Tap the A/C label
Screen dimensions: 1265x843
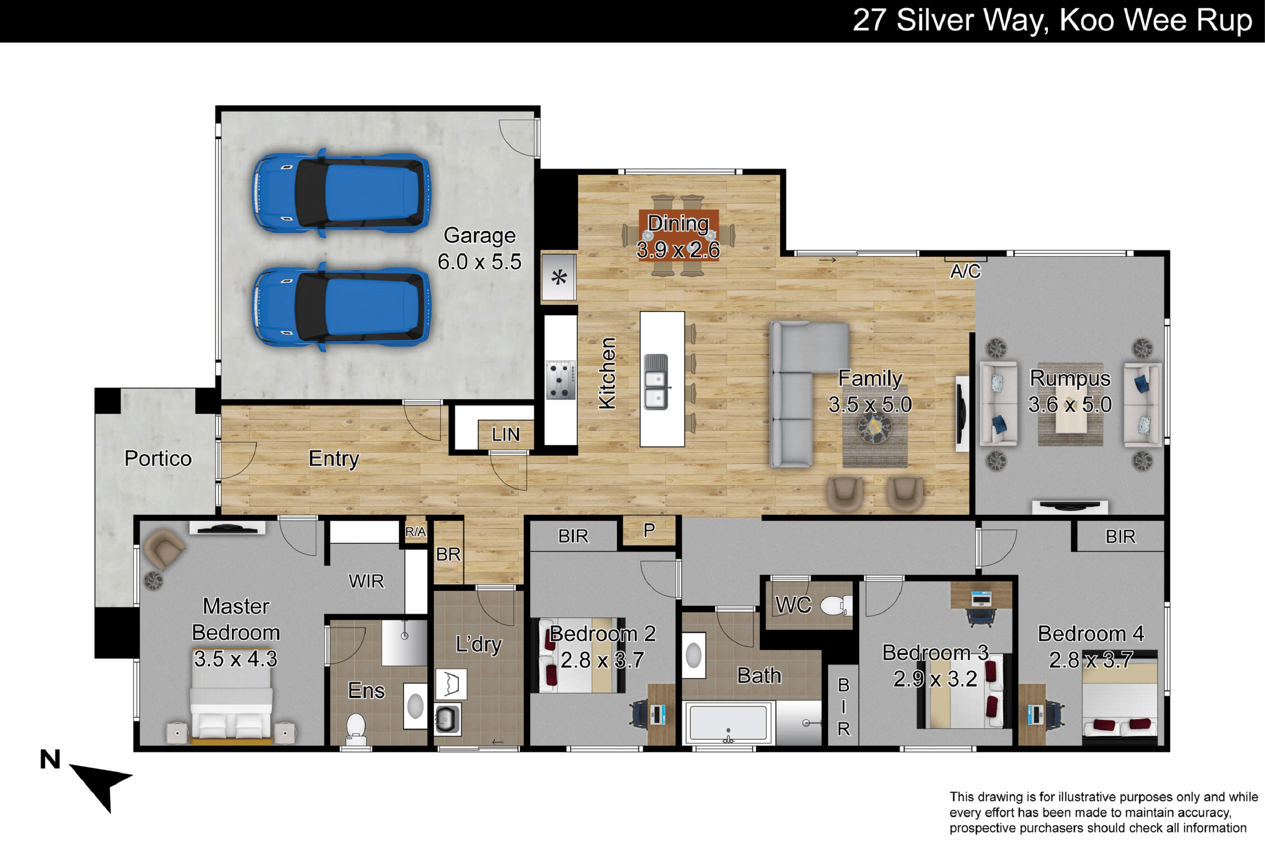pyautogui.click(x=966, y=271)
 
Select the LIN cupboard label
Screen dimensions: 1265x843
pyautogui.click(x=506, y=435)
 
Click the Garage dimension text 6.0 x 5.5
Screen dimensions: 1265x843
pyautogui.click(x=479, y=262)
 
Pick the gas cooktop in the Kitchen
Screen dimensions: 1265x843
pyautogui.click(x=560, y=380)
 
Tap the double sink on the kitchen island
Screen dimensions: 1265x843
pyautogui.click(x=657, y=382)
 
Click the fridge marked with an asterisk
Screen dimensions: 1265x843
pyautogui.click(x=559, y=277)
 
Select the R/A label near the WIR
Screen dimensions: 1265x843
pyautogui.click(x=415, y=532)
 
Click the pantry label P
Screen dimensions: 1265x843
pyautogui.click(x=649, y=530)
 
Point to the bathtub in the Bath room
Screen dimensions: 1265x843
pyautogui.click(x=728, y=723)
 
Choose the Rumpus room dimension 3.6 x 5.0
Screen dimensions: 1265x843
pyautogui.click(x=1070, y=404)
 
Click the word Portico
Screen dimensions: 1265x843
pyautogui.click(x=158, y=459)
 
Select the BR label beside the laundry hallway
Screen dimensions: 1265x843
pyautogui.click(x=448, y=554)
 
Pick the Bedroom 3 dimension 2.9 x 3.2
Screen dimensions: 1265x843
pyautogui.click(x=935, y=679)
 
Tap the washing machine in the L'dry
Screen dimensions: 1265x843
pyautogui.click(x=447, y=718)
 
